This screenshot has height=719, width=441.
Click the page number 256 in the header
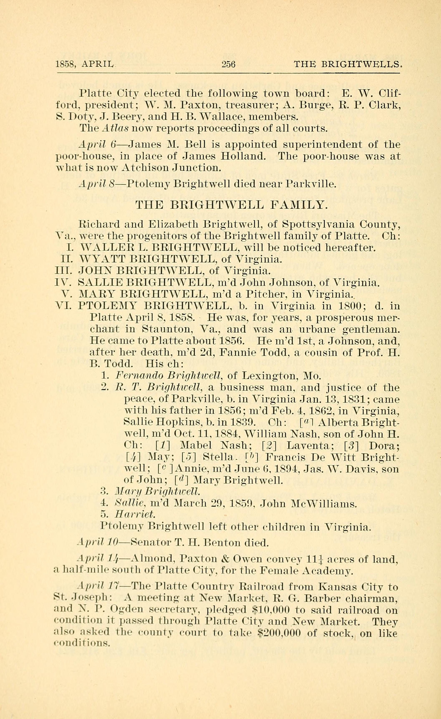(x=228, y=64)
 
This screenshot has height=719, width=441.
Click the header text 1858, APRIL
(x=84, y=64)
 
